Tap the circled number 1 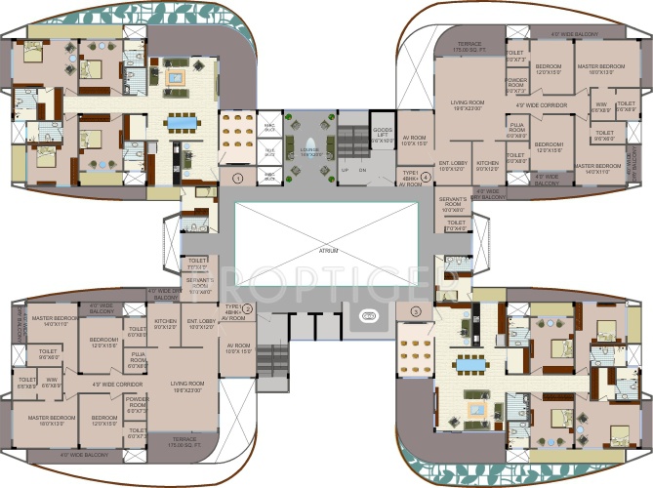coord(237,177)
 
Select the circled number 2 coord(248,310)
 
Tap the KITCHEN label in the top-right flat coord(488,165)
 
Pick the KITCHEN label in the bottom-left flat coord(164,323)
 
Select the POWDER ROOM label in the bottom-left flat coord(136,402)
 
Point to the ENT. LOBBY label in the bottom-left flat coord(201,323)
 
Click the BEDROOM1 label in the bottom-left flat coord(103,343)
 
